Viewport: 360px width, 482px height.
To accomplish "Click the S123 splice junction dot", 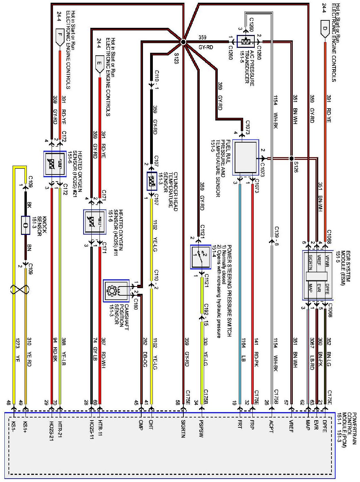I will (x=183, y=42).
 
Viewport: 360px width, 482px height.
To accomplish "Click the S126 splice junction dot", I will (x=291, y=158).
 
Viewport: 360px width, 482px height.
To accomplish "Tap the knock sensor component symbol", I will (x=25, y=225).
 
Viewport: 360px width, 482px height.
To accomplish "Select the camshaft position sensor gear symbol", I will (x=111, y=291).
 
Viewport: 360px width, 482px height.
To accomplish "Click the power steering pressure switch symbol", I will (x=200, y=257).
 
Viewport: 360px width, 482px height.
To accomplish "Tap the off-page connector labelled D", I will (x=325, y=29).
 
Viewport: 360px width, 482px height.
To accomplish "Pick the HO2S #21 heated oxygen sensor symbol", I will (x=55, y=164).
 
